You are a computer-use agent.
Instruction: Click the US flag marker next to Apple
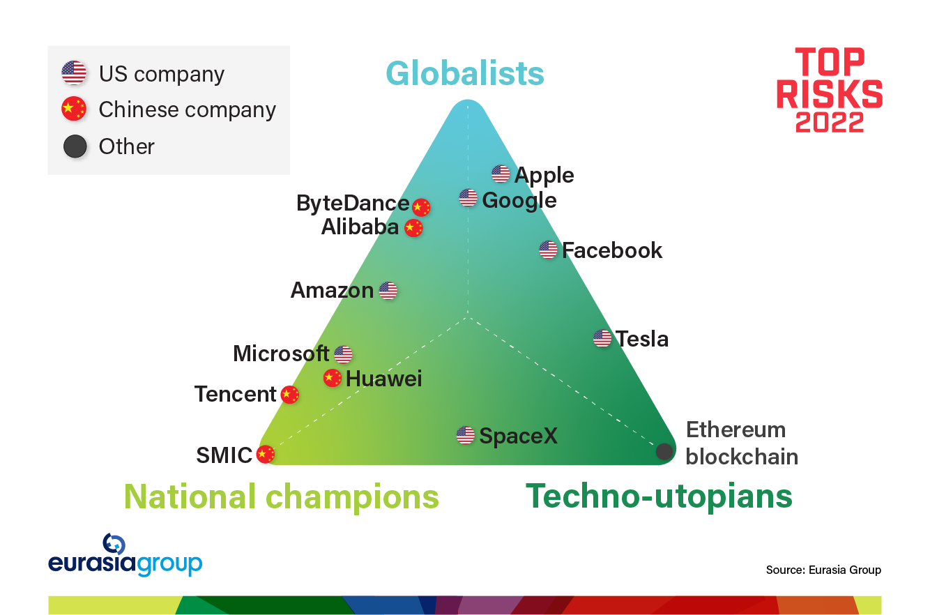pyautogui.click(x=501, y=174)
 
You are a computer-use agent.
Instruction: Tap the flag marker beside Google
pyautogui.click(x=468, y=197)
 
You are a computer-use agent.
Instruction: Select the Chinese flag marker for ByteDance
pyautogui.click(x=421, y=207)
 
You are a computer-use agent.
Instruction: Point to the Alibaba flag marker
pyautogui.click(x=413, y=228)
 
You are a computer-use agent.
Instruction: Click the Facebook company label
pyautogui.click(x=612, y=250)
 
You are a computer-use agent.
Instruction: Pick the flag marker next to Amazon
pyautogui.click(x=388, y=290)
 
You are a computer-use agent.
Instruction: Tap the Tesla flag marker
pyautogui.click(x=602, y=338)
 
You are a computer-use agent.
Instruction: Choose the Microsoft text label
pyautogui.click(x=281, y=354)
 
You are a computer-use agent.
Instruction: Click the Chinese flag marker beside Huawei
pyautogui.click(x=332, y=378)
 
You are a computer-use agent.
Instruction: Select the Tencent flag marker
pyautogui.click(x=290, y=395)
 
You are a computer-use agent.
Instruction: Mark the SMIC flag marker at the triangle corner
pyautogui.click(x=266, y=455)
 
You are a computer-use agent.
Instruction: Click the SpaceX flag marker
pyautogui.click(x=465, y=435)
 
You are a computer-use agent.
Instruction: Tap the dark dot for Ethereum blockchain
pyautogui.click(x=664, y=451)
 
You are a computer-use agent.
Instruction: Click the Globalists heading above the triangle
pyautogui.click(x=465, y=73)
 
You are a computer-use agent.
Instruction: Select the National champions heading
pyautogui.click(x=282, y=496)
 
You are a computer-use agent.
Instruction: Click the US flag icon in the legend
pyautogui.click(x=74, y=73)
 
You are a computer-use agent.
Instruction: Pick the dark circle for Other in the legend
pyautogui.click(x=75, y=146)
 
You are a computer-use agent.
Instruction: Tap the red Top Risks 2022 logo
pyautogui.click(x=830, y=90)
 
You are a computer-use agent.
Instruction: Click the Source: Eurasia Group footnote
pyautogui.click(x=823, y=570)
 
